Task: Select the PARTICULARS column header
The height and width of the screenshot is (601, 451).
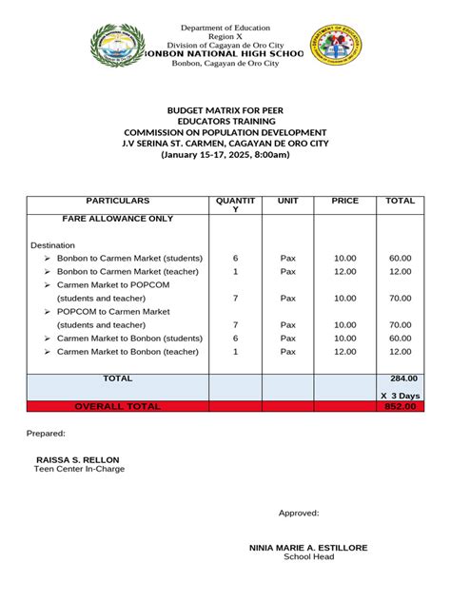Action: coord(118,202)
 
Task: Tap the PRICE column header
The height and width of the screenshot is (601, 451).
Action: coord(344,202)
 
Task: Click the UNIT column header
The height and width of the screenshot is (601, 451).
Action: coord(287,202)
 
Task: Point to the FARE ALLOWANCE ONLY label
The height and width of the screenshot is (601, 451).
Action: coord(118,219)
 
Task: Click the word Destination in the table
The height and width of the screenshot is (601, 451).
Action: coord(52,245)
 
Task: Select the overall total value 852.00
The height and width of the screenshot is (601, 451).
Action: coord(401,406)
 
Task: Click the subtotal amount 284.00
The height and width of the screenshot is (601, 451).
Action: coord(401,378)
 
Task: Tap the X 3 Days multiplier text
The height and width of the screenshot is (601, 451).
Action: coord(400,395)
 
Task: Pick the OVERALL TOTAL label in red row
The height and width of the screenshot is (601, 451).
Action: coord(118,406)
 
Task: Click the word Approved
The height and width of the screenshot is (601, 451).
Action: coord(299,514)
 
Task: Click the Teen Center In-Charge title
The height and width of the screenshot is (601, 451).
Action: coord(80,469)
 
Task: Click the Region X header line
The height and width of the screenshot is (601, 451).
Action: coord(226,35)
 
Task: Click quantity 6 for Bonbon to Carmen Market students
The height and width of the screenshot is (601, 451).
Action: coord(235,259)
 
